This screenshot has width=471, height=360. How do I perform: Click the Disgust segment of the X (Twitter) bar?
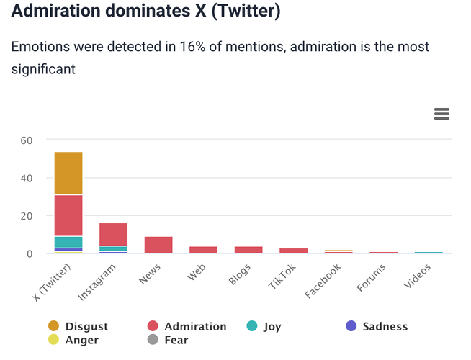(x=68, y=174)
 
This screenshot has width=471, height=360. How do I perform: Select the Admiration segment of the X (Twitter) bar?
(x=68, y=215)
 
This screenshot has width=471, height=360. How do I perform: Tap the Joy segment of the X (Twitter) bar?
(x=68, y=242)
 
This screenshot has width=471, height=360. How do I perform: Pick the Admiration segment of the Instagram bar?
(x=113, y=235)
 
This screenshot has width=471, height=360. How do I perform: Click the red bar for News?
(x=158, y=245)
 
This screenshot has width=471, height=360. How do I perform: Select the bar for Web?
(x=203, y=250)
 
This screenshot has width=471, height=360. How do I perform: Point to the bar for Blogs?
(x=248, y=250)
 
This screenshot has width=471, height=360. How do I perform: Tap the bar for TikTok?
(x=293, y=251)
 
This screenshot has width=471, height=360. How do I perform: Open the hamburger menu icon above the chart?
(x=441, y=114)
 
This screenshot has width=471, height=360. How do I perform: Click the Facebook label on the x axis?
(x=322, y=282)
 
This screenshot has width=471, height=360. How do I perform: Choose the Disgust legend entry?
(x=78, y=327)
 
